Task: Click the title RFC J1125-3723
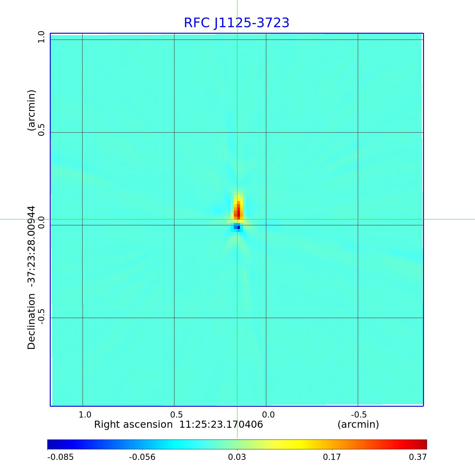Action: pos(237,23)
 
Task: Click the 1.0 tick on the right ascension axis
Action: pos(85,415)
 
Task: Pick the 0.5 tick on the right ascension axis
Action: pos(177,415)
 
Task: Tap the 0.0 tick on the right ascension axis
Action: pos(268,415)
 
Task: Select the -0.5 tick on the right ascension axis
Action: pos(359,415)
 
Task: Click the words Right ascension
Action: pos(133,425)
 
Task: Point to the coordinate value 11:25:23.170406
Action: pos(221,425)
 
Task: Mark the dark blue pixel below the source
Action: pos(238,227)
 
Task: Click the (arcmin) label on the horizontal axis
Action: pos(358,425)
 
